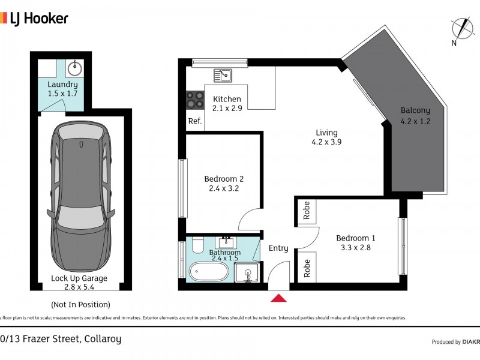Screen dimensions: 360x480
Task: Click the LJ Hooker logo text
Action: click(x=37, y=19)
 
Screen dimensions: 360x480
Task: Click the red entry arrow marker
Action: click(x=279, y=298)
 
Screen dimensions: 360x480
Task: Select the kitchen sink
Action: click(x=223, y=76)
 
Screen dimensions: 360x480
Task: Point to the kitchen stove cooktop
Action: click(x=195, y=99)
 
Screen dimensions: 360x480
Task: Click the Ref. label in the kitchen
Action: click(x=194, y=121)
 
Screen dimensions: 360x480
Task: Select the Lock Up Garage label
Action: click(x=79, y=278)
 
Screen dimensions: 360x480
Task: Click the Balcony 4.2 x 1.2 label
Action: click(x=415, y=115)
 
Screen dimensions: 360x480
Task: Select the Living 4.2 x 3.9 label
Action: click(x=327, y=137)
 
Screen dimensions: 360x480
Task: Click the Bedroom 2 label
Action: click(x=224, y=179)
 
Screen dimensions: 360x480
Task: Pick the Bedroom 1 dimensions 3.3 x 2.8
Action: click(x=356, y=248)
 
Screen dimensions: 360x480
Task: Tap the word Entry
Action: click(x=278, y=248)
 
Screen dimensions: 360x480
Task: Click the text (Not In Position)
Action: click(x=80, y=304)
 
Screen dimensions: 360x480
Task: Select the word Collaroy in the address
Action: click(x=102, y=339)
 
